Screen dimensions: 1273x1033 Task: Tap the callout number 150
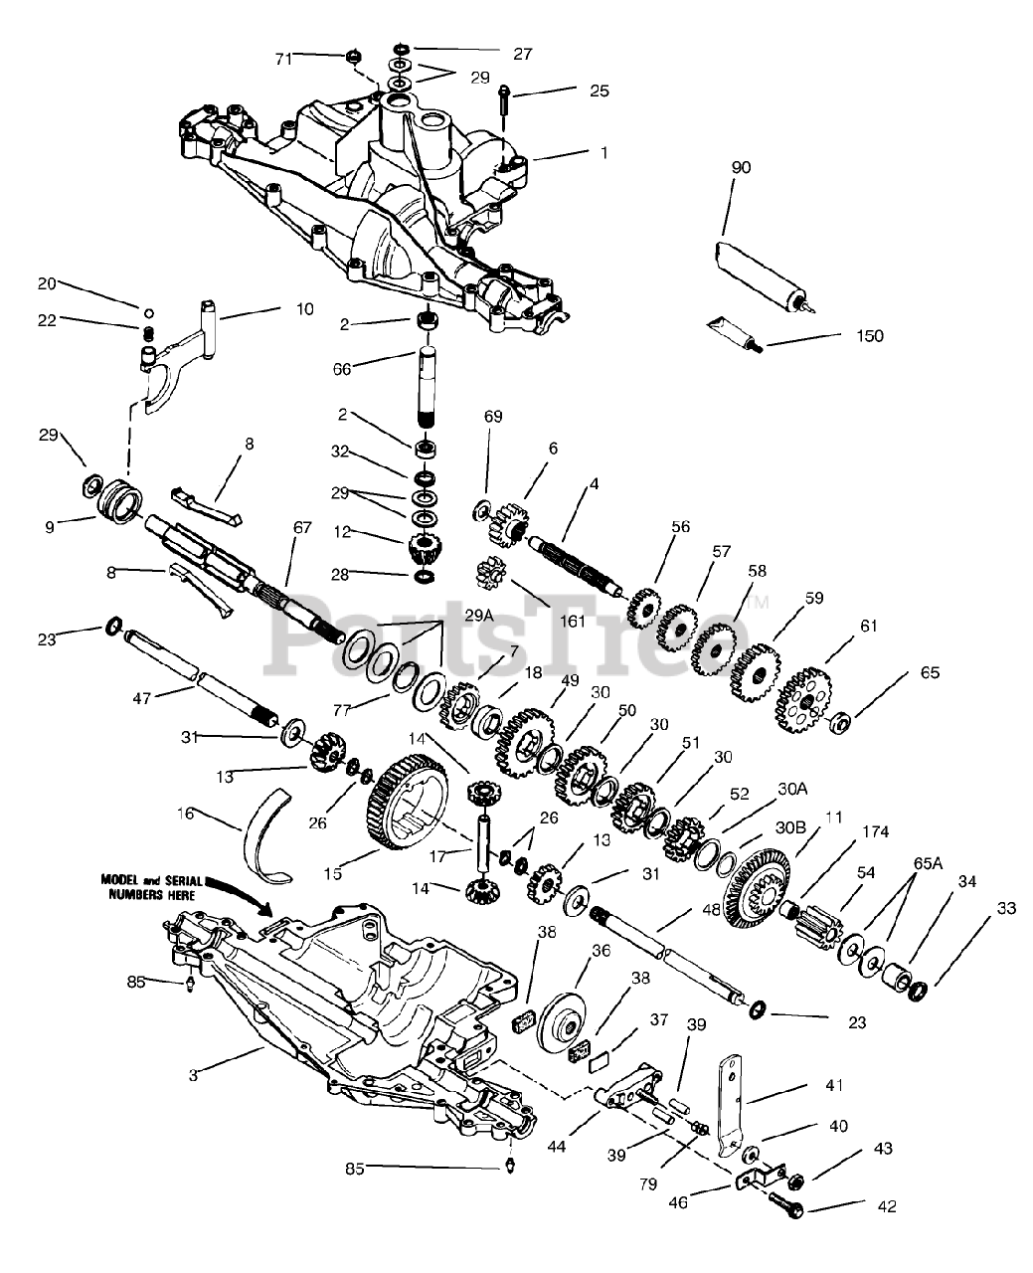tap(867, 335)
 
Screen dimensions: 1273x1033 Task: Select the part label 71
tap(284, 60)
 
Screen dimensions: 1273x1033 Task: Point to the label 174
tap(876, 831)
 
